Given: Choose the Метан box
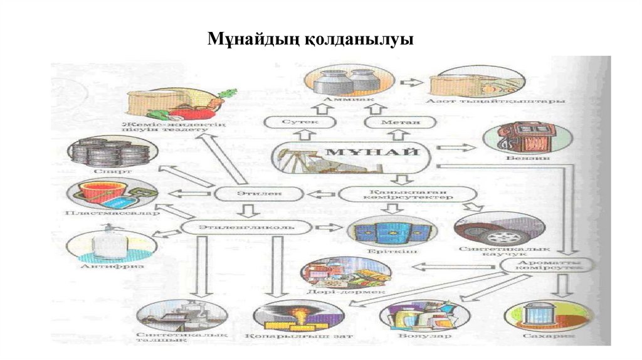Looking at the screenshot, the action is [x=392, y=122].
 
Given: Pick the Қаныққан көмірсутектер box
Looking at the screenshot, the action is [x=394, y=193].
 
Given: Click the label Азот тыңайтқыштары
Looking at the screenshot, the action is [x=495, y=102].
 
